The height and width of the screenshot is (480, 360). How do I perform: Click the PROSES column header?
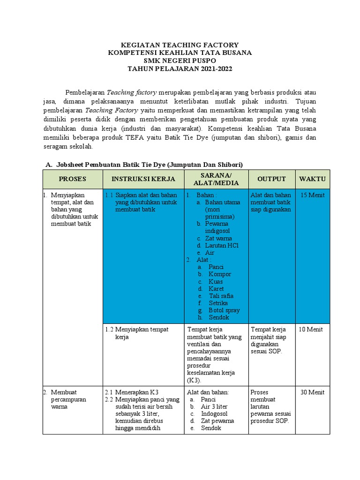(72, 179)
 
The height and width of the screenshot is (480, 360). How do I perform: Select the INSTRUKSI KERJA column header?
(143, 179)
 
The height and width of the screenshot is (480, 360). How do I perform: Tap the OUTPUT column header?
(271, 179)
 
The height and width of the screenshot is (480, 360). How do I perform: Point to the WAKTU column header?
(312, 179)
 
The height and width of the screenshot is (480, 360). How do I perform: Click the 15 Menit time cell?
(312, 195)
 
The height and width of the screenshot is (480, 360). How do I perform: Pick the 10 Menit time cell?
(311, 330)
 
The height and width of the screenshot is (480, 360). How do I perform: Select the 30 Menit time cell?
(312, 392)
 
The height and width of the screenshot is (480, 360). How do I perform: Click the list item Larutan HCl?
(221, 245)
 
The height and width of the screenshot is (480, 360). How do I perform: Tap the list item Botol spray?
(224, 310)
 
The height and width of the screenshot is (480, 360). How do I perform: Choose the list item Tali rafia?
(221, 296)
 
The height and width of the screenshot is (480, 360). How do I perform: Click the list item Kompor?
(220, 274)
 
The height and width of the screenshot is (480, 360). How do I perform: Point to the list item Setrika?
(218, 303)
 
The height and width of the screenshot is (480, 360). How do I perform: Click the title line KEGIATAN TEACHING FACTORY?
(180, 45)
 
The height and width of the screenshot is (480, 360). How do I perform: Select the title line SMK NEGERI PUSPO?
(180, 61)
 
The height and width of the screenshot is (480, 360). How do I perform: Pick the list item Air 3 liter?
(214, 407)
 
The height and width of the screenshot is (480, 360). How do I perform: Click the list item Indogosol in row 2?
(214, 414)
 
